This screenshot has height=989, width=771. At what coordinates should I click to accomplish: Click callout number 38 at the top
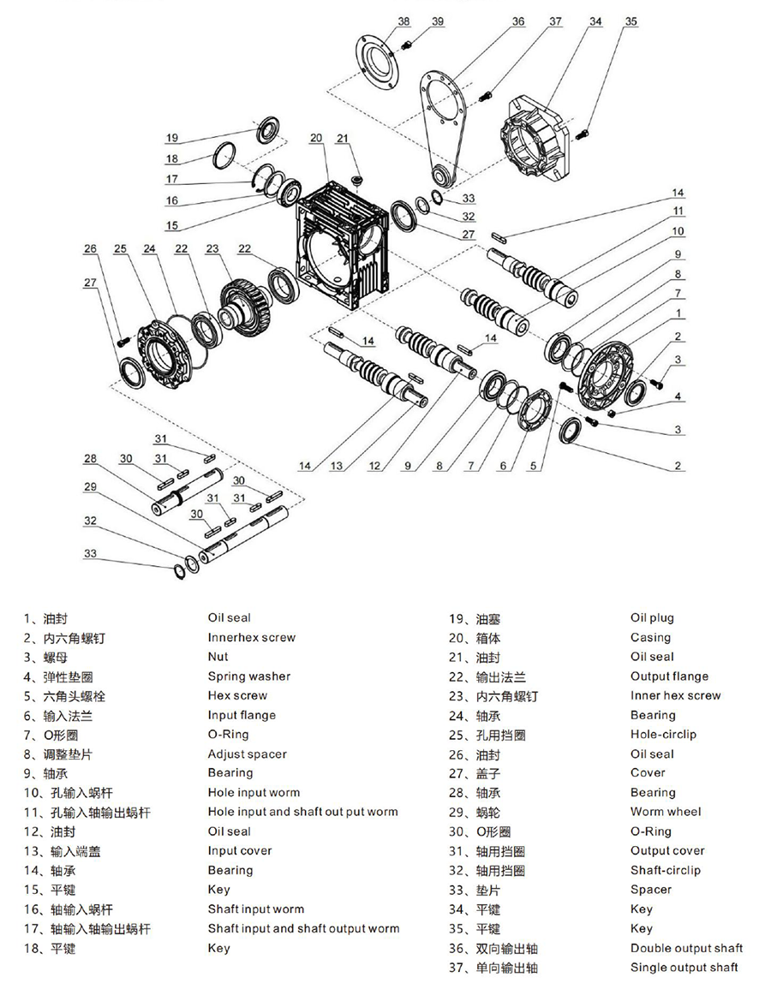coord(404,21)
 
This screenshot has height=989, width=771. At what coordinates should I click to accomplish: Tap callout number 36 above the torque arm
coord(518,21)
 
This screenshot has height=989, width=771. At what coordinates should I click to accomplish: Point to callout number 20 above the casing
coord(316,138)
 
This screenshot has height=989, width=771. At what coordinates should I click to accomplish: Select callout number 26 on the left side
coord(92,249)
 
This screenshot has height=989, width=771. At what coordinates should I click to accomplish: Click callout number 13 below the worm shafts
coord(337,466)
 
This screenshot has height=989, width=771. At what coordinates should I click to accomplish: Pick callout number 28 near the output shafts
coord(91,459)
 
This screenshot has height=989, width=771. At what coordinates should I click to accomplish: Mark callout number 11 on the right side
coord(678,211)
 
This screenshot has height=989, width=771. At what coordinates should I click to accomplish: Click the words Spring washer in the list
coord(248,676)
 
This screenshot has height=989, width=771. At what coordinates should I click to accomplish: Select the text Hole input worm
coord(254,793)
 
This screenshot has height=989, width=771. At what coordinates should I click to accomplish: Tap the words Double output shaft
coord(686,948)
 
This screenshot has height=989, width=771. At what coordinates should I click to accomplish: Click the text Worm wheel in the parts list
coord(666,812)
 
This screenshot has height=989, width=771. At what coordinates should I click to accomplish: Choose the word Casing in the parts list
coord(650,637)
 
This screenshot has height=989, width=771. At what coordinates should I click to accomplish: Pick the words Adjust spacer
coord(247,754)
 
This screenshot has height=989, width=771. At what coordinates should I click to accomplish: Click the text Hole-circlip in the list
coord(663,734)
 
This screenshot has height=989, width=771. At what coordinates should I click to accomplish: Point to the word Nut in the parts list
coord(218,657)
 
